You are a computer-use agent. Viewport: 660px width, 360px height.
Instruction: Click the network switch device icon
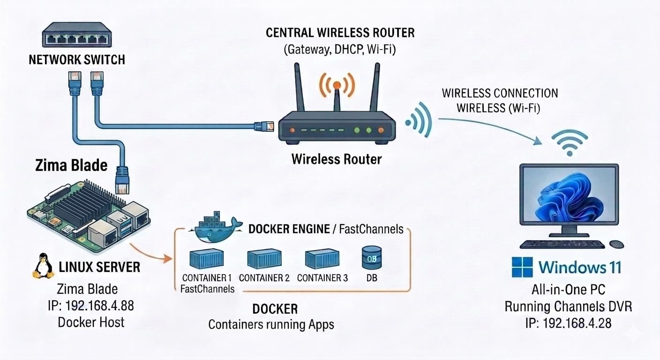[77, 35]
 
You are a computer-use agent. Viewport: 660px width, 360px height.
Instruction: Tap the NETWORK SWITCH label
[77, 60]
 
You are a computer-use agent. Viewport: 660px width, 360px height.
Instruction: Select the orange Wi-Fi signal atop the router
[337, 85]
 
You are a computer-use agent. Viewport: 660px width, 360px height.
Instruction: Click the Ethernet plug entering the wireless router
[264, 127]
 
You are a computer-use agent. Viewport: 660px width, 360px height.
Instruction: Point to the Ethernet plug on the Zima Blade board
[122, 180]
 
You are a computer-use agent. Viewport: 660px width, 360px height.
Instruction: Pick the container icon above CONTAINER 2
[264, 259]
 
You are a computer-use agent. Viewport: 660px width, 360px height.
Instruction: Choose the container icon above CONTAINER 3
[322, 259]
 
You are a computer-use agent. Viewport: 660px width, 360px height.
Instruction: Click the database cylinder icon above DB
[372, 258]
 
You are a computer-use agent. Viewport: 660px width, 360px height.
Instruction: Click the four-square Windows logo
[522, 267]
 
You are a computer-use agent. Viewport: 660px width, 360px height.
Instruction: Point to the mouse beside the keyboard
[616, 244]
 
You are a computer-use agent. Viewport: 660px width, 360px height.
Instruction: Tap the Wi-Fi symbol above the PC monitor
[570, 142]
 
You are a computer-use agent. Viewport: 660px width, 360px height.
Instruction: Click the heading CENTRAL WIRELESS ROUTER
[340, 33]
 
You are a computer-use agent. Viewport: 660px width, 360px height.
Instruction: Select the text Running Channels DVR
[569, 307]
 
